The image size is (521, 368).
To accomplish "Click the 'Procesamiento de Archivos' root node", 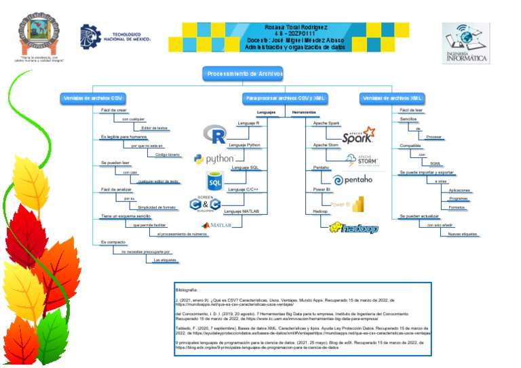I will (x=244, y=74).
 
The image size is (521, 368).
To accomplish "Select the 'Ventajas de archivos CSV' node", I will (x=93, y=98).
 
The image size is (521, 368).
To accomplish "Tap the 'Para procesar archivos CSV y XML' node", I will (x=286, y=98).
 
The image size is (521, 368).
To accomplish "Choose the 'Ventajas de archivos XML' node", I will (x=393, y=98).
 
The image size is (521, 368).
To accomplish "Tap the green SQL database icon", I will (x=215, y=181).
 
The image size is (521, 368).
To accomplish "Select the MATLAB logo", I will (x=216, y=224).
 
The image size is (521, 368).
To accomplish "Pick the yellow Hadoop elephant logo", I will (x=353, y=228).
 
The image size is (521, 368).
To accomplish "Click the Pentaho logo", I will (x=353, y=180).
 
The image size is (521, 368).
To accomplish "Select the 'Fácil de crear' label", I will (x=113, y=110).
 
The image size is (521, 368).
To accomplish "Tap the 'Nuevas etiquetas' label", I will (x=463, y=234).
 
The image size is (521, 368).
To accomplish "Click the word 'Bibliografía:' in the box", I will (x=185, y=289).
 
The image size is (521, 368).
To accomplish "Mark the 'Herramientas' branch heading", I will (x=305, y=112).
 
